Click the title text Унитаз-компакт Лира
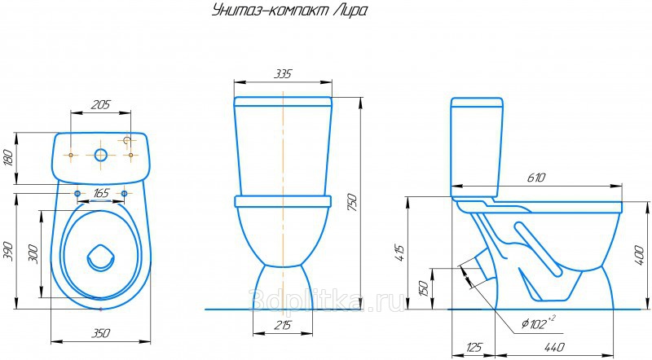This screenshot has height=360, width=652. click(290, 11)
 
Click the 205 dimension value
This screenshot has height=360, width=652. click(101, 104)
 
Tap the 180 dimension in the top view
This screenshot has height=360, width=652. click(8, 157)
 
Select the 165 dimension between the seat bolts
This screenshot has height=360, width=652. click(101, 193)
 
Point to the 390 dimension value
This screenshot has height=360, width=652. click(8, 251)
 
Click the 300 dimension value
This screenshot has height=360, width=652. click(33, 254)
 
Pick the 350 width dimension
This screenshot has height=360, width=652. click(100, 333)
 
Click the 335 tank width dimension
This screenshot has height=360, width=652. click(283, 74)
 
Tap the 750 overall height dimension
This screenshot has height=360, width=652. click(352, 202)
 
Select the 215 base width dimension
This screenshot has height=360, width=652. click(283, 325)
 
